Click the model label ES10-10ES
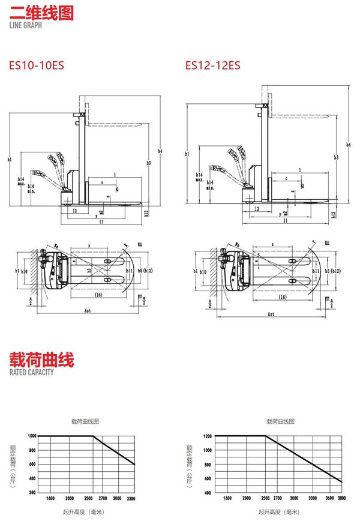[x=37, y=65]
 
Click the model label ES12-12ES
[x=212, y=65]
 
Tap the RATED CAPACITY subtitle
[x=32, y=372]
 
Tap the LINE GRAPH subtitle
[x=26, y=25]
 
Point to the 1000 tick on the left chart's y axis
[x=31, y=435]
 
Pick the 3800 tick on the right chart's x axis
[x=342, y=498]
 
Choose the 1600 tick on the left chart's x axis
[x=50, y=498]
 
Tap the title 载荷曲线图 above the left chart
[x=85, y=422]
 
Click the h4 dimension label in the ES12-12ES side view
[x=349, y=144]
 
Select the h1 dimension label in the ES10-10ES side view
[x=10, y=159]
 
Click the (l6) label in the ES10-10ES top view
[x=98, y=297]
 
